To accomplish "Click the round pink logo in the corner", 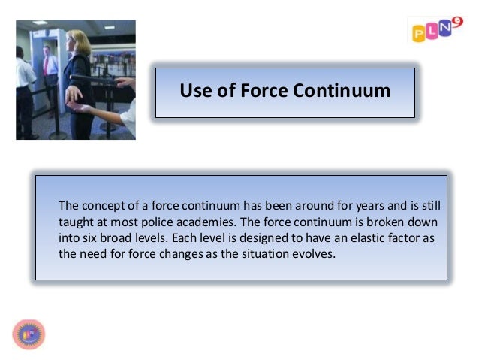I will [29, 334].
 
